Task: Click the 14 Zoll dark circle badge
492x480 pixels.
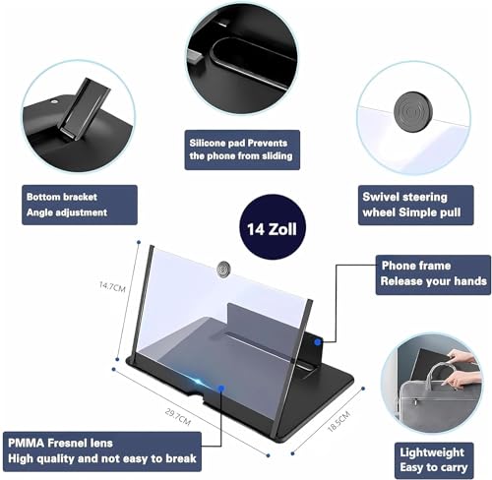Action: (x=273, y=227)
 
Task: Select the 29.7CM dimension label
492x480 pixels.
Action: (x=177, y=417)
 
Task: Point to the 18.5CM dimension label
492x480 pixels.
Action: (x=339, y=421)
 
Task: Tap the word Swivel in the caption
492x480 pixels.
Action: (x=380, y=197)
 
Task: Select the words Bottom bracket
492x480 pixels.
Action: (x=62, y=197)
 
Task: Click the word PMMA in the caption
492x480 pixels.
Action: (x=26, y=443)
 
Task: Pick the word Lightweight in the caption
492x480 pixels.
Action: (x=432, y=452)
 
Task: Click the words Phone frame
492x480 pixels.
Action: (x=416, y=266)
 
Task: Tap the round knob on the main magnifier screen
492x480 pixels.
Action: (x=222, y=270)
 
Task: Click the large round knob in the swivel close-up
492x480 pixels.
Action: (x=412, y=110)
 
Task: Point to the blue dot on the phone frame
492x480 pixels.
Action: (x=317, y=342)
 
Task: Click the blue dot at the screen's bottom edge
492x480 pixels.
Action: (x=221, y=389)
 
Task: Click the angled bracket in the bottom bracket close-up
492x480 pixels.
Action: (x=85, y=109)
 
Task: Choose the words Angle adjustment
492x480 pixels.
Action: (x=67, y=212)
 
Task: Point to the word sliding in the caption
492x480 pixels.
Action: (x=272, y=155)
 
